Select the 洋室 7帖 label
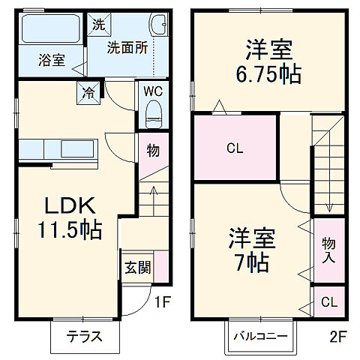point(251,251)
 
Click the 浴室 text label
point(50,61)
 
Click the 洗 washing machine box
point(99,24)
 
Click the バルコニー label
point(259,336)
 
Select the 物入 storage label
point(329,250)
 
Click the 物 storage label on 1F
point(152,151)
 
